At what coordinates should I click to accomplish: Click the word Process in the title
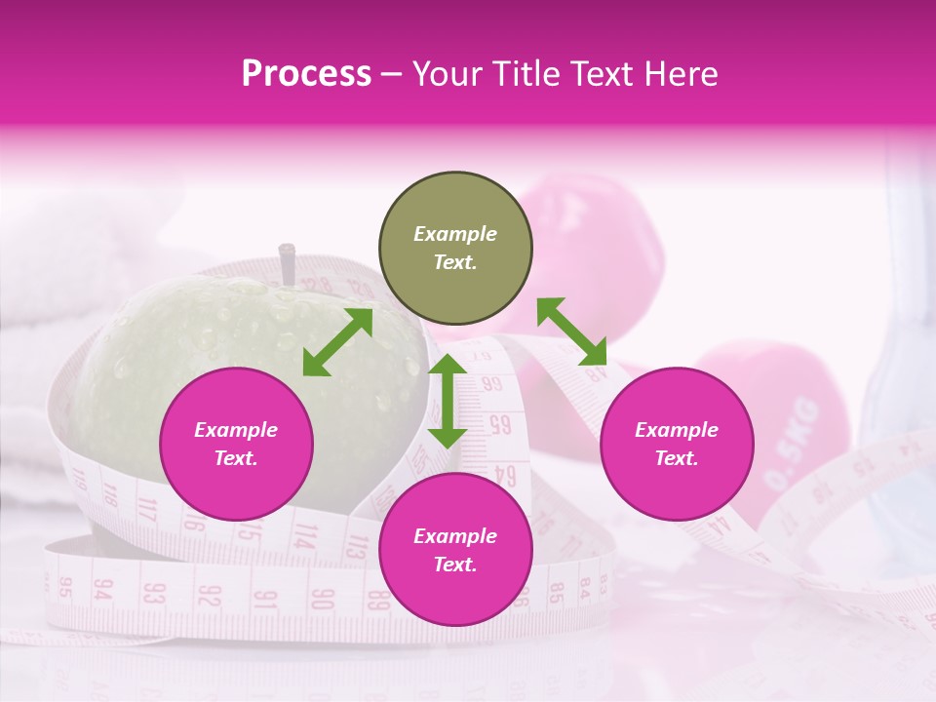[306, 74]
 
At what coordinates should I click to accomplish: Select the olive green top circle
[455, 249]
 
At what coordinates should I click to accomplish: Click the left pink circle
[236, 445]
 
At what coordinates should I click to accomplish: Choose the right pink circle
[676, 445]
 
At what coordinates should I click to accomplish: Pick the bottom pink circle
[455, 551]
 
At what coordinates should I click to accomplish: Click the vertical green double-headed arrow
[448, 401]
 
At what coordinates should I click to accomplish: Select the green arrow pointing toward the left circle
[337, 342]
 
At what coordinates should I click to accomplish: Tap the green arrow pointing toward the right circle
[571, 331]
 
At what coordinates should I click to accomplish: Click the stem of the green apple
[287, 263]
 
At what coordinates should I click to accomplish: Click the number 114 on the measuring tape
[305, 535]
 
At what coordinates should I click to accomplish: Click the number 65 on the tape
[500, 424]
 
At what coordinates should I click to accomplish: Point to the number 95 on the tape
[65, 587]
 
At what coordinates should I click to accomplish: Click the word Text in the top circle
[454, 262]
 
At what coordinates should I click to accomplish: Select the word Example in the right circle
[676, 430]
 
